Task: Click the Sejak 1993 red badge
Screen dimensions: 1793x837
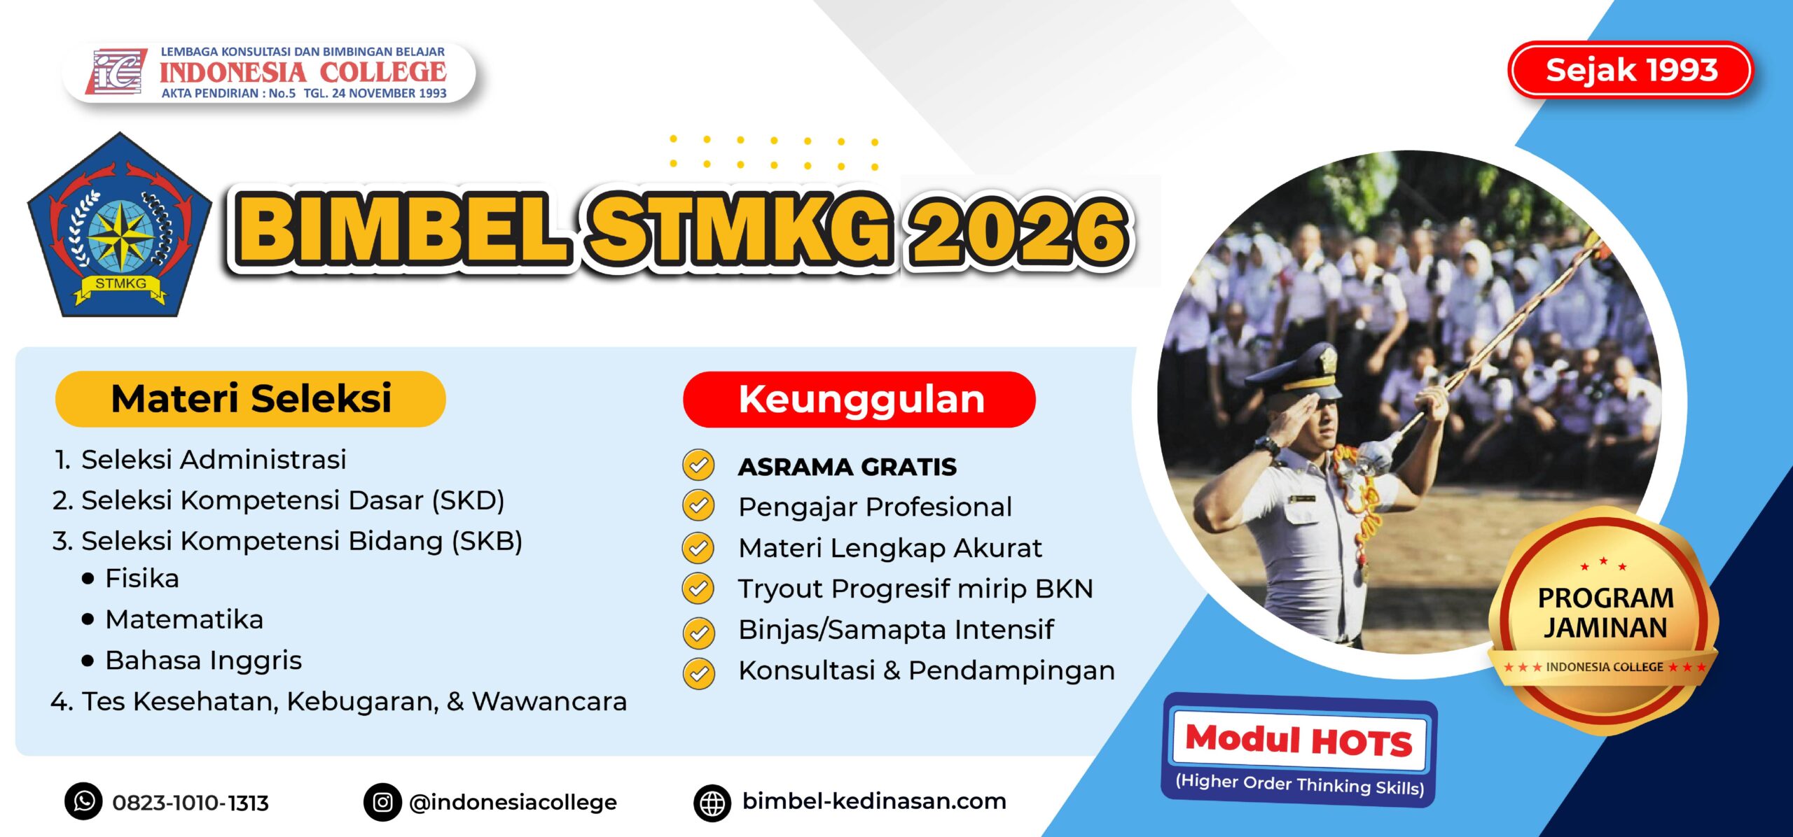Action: point(1630,70)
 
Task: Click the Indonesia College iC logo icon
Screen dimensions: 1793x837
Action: point(116,71)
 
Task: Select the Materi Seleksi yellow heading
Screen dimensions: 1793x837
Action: point(251,399)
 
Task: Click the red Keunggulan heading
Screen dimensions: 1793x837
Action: point(859,400)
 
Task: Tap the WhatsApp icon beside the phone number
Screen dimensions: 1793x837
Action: point(83,801)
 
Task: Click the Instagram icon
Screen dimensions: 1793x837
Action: point(382,802)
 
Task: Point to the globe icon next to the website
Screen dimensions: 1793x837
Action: point(712,803)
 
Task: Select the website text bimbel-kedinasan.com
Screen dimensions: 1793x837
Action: point(874,801)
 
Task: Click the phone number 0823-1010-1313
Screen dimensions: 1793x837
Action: point(191,803)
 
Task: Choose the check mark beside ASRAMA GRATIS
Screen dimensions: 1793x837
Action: point(698,465)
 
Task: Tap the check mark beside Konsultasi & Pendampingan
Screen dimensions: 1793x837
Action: point(698,673)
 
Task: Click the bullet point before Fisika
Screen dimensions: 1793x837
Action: point(88,579)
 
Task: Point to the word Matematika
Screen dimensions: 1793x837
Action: point(184,619)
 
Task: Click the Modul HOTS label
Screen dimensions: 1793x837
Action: point(1299,741)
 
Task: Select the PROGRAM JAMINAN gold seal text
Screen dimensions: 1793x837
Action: point(1605,613)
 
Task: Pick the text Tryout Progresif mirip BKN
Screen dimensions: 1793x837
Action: point(915,589)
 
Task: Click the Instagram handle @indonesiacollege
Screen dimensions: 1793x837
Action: point(513,803)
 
